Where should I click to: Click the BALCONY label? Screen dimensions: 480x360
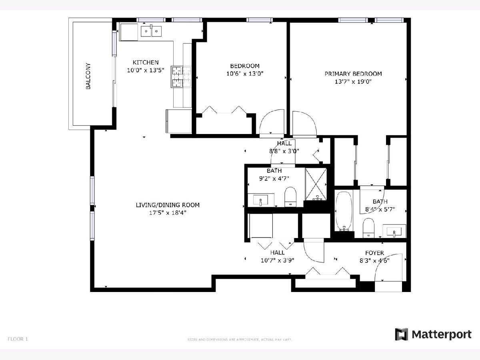[x=88, y=76]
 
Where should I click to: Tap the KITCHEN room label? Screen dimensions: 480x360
[x=146, y=62]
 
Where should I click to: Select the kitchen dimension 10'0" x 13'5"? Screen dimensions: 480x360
[x=146, y=70]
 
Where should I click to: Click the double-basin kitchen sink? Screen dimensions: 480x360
[x=151, y=31]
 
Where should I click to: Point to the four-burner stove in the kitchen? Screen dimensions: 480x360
[x=181, y=77]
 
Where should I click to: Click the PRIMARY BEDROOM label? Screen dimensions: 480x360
[x=353, y=74]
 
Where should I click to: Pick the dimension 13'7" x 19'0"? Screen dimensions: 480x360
[x=353, y=82]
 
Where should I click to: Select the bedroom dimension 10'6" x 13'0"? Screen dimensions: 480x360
[x=245, y=74]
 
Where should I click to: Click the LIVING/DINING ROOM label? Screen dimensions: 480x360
[x=168, y=205]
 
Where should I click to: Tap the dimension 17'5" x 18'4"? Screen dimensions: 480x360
[x=168, y=213]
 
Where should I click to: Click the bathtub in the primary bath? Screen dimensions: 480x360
[x=344, y=211]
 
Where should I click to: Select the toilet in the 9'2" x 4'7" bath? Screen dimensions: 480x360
[x=290, y=197]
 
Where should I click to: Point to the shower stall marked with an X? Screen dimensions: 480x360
[x=316, y=184]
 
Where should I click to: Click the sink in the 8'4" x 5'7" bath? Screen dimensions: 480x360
[x=394, y=231]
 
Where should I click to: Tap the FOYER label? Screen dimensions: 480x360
[x=374, y=253]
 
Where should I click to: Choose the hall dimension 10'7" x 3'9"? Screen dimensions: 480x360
[x=278, y=260]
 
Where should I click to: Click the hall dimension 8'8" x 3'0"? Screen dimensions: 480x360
[x=284, y=151]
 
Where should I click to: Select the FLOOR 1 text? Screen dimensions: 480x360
[x=18, y=339]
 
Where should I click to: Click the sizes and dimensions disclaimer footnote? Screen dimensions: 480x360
[x=240, y=340]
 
